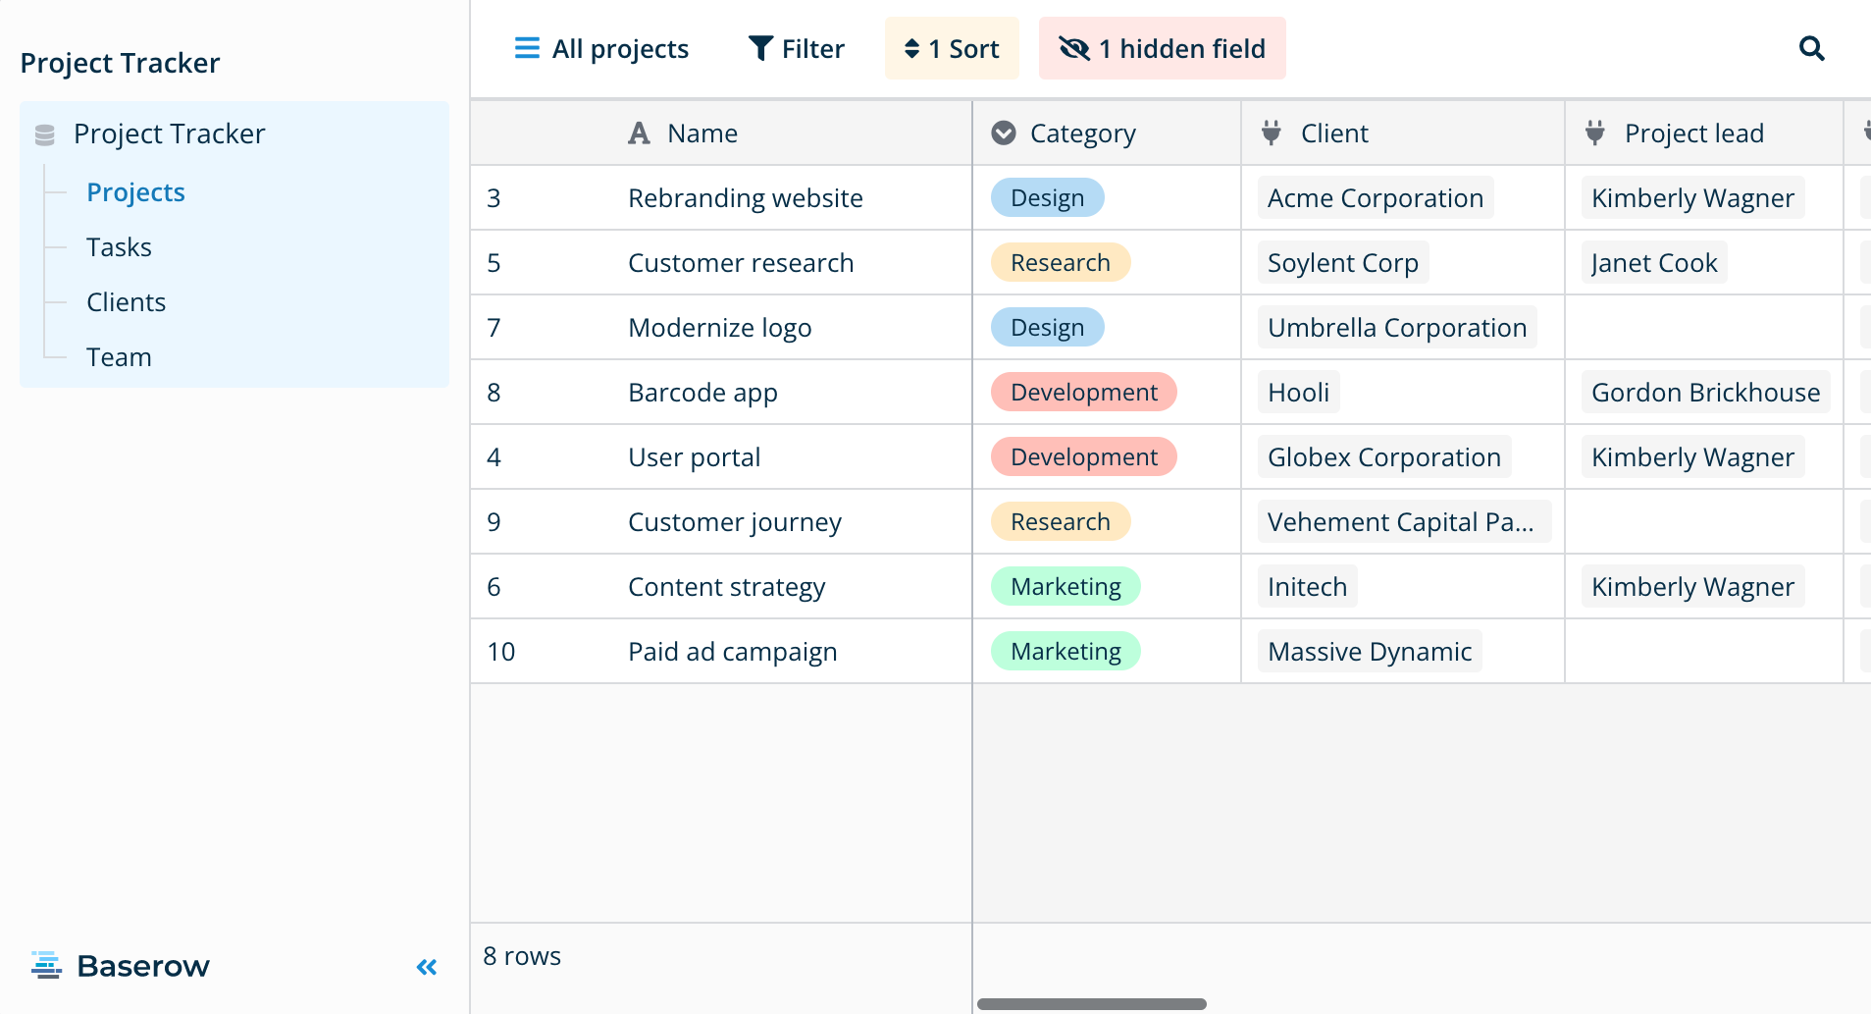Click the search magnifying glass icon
(x=1811, y=48)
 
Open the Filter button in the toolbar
(x=796, y=48)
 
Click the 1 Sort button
(x=952, y=48)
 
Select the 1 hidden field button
(x=1163, y=48)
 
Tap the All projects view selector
(x=601, y=48)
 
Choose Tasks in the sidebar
(x=119, y=247)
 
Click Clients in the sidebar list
(x=126, y=302)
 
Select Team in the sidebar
(x=119, y=357)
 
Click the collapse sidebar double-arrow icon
(x=427, y=968)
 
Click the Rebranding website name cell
(x=746, y=197)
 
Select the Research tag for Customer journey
(x=1061, y=521)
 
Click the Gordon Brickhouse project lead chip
(x=1705, y=392)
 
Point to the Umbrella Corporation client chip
(x=1397, y=327)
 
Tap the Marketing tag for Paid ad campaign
(x=1065, y=651)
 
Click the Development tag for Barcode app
(x=1084, y=392)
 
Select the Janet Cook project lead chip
(x=1654, y=262)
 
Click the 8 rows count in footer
(x=522, y=956)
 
